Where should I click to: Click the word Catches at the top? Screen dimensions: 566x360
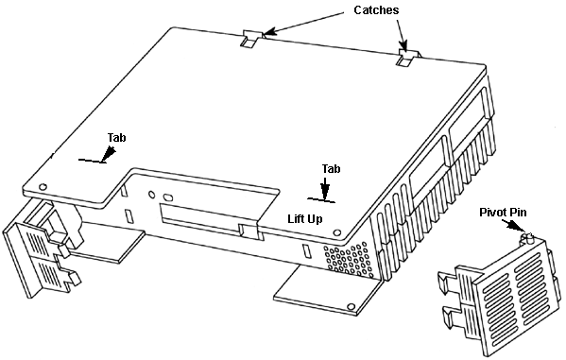click(x=376, y=10)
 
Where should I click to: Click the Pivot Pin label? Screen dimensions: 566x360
click(x=503, y=213)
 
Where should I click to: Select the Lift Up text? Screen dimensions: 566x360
click(x=305, y=219)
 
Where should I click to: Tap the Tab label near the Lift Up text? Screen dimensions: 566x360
click(x=331, y=168)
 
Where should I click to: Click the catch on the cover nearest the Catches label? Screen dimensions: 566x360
click(x=407, y=57)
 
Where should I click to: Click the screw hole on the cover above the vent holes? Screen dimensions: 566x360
click(x=337, y=232)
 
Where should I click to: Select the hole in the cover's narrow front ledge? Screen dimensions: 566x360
click(x=43, y=187)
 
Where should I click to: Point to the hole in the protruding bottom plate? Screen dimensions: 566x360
click(x=351, y=307)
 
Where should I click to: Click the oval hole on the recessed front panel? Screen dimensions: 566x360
click(x=168, y=197)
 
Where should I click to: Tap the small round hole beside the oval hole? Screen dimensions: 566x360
click(x=151, y=195)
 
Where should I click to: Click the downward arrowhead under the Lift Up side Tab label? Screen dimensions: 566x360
click(x=325, y=191)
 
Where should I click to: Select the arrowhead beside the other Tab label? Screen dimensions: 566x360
click(x=109, y=153)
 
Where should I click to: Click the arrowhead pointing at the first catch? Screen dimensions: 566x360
click(x=270, y=31)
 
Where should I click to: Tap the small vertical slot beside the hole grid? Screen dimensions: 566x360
click(x=306, y=251)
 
